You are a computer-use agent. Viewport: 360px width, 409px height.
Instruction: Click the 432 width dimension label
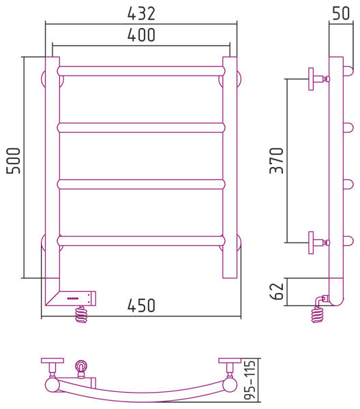click(x=141, y=14)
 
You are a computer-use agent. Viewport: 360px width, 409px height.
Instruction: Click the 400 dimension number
click(x=141, y=35)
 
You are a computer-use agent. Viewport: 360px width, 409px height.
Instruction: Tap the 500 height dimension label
click(x=14, y=161)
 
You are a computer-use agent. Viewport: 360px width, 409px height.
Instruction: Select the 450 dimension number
click(x=141, y=305)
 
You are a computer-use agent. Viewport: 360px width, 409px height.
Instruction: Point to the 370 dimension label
click(x=277, y=161)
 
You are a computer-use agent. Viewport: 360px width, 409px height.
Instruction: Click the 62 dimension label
click(x=277, y=291)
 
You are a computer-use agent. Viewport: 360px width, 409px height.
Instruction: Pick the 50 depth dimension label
click(x=341, y=14)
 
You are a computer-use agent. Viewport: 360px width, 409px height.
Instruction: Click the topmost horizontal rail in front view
click(x=141, y=71)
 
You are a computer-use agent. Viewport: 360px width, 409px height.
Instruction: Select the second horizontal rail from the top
click(x=141, y=128)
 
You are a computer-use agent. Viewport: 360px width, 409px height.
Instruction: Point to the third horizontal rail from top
click(x=141, y=185)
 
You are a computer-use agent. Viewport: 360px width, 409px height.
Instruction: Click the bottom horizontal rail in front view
click(x=141, y=241)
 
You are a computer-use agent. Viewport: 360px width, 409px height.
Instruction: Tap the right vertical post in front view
click(x=230, y=168)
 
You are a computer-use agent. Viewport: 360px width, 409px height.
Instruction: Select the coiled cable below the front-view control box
click(x=81, y=314)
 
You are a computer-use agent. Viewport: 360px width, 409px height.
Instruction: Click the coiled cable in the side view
click(x=318, y=314)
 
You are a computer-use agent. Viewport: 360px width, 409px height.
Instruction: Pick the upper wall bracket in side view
click(x=319, y=79)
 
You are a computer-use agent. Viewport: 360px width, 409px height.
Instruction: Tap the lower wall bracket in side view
click(x=319, y=243)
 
